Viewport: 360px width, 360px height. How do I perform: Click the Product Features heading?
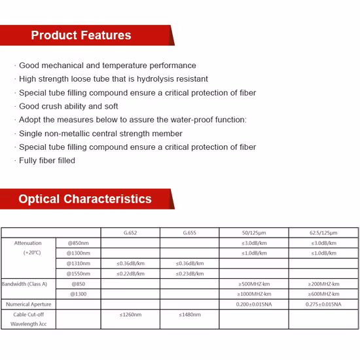pyautogui.click(x=81, y=35)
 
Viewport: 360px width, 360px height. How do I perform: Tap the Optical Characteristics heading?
pyautogui.click(x=85, y=199)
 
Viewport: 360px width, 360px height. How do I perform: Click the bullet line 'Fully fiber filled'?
pyautogui.click(x=46, y=160)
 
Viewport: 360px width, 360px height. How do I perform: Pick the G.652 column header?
pyautogui.click(x=130, y=232)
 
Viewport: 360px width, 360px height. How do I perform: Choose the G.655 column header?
pyautogui.click(x=189, y=232)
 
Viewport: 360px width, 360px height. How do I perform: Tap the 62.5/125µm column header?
pyautogui.click(x=323, y=232)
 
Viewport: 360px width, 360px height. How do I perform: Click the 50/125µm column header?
pyautogui.click(x=253, y=232)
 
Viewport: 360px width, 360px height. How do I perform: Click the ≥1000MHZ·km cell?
pyautogui.click(x=253, y=294)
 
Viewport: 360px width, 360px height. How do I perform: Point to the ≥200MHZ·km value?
pyautogui.click(x=323, y=284)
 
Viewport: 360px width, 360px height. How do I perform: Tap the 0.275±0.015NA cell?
pyautogui.click(x=323, y=304)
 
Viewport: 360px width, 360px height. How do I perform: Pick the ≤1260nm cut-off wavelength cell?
pyautogui.click(x=130, y=315)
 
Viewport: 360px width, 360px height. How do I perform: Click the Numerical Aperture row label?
pyautogui.click(x=27, y=304)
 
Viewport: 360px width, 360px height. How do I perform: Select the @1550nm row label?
pyautogui.click(x=79, y=274)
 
